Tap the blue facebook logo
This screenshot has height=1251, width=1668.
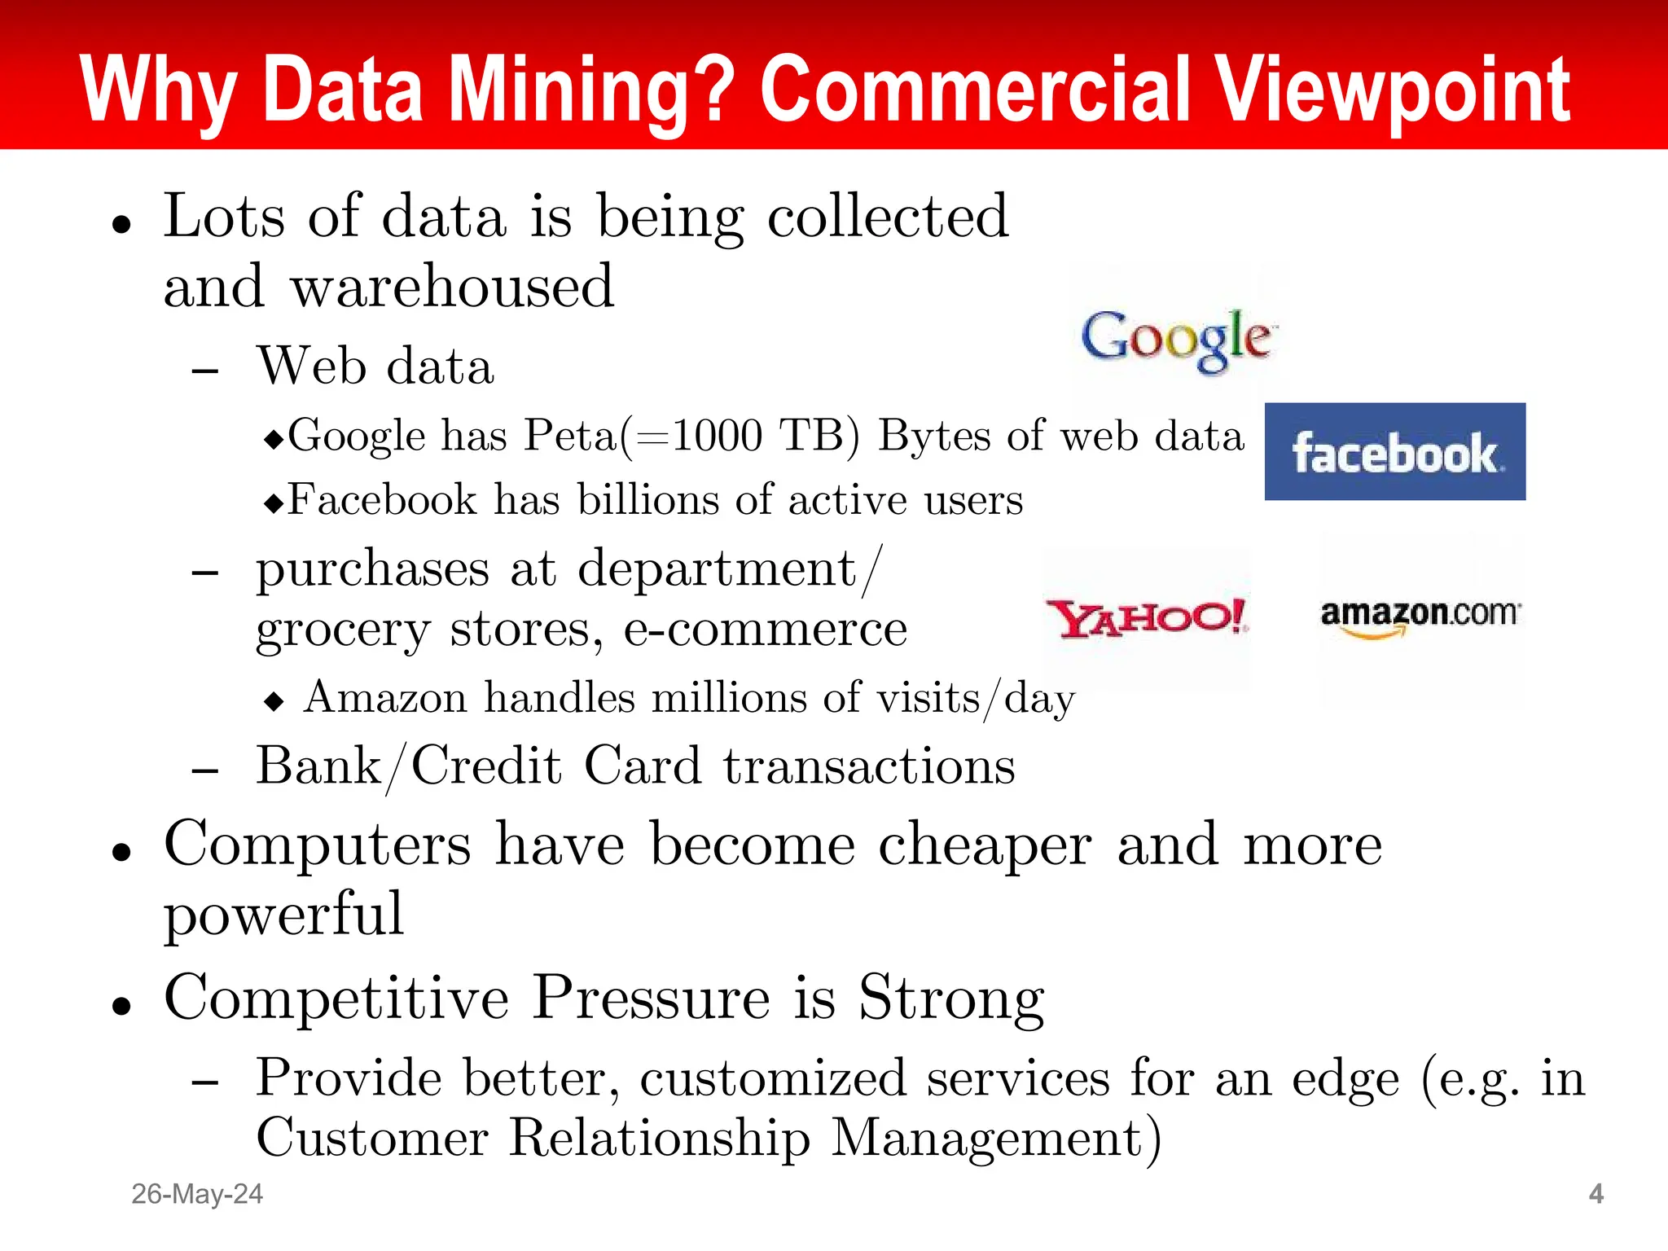click(1394, 452)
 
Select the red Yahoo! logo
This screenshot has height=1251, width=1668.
click(1147, 618)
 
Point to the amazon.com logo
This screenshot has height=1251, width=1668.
click(1420, 616)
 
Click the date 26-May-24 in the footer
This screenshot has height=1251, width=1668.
click(197, 1194)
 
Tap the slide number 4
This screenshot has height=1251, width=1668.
click(1596, 1194)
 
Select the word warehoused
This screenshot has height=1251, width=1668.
click(453, 287)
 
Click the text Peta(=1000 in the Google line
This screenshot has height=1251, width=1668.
click(643, 436)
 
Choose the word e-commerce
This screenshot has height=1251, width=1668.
click(765, 630)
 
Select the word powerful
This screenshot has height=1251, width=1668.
click(283, 914)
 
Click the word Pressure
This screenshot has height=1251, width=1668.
click(651, 998)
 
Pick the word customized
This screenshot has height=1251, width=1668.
click(773, 1079)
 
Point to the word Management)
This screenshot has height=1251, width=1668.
click(995, 1138)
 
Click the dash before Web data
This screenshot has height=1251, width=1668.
click(205, 371)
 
